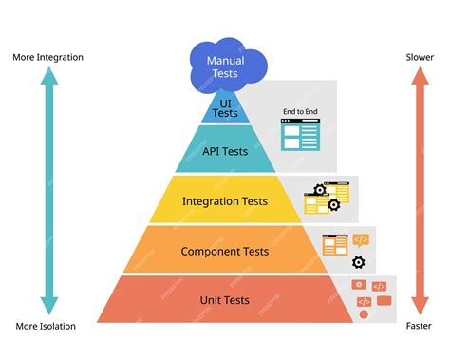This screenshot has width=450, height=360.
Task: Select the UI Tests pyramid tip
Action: (x=225, y=107)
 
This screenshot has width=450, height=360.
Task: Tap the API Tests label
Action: (x=225, y=151)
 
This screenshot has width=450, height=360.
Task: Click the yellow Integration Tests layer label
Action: (x=225, y=201)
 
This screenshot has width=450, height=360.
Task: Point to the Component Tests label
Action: (x=225, y=252)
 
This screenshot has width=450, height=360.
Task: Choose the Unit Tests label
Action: (x=225, y=300)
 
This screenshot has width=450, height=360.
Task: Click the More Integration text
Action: (x=48, y=57)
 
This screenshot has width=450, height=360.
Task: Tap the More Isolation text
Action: (x=46, y=327)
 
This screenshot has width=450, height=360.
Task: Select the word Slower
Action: (x=419, y=57)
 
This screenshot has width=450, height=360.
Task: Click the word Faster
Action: (x=419, y=327)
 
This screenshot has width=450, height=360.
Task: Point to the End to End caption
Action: (x=299, y=112)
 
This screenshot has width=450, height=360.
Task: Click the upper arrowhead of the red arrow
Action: (x=419, y=79)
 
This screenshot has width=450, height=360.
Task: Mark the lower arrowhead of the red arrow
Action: (x=419, y=306)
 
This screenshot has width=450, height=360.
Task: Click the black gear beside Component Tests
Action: (x=358, y=263)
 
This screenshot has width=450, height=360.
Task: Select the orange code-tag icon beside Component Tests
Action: (x=361, y=239)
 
